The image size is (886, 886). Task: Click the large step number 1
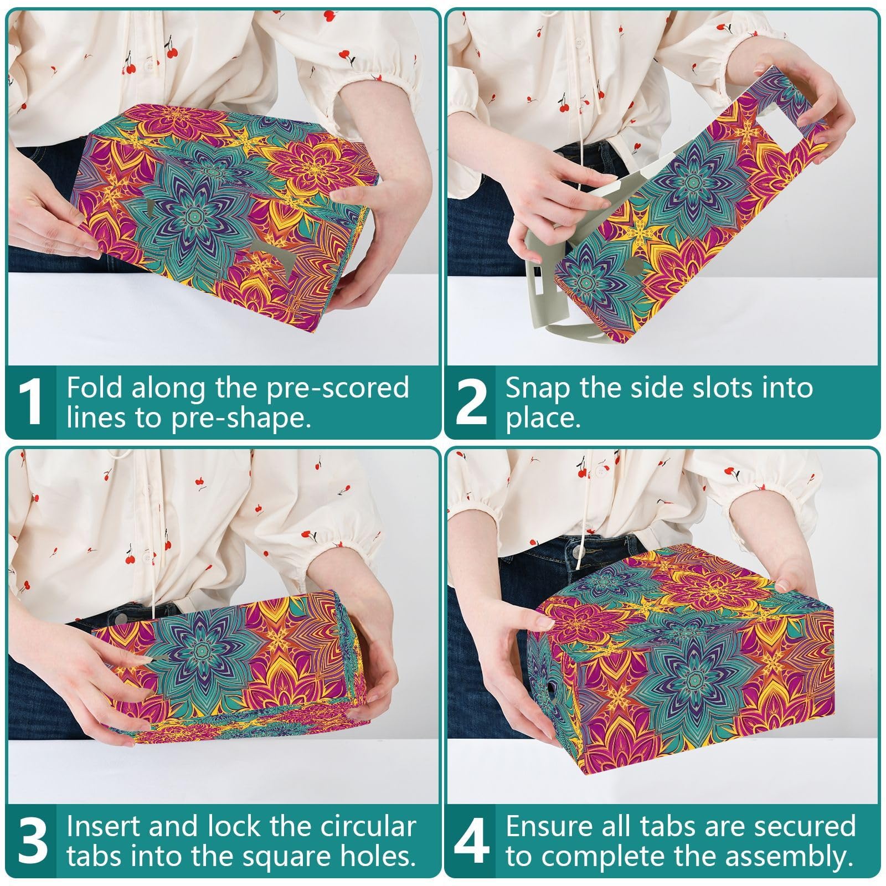click(x=31, y=403)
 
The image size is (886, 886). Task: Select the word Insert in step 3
click(x=104, y=827)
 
